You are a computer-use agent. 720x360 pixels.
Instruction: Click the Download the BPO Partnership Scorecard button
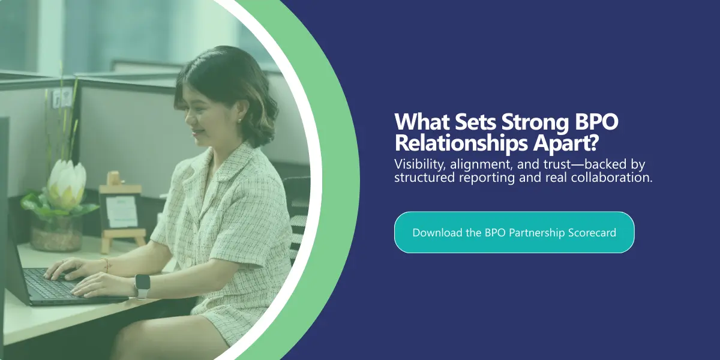pyautogui.click(x=514, y=232)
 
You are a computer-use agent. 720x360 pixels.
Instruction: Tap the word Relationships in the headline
pyautogui.click(x=461, y=143)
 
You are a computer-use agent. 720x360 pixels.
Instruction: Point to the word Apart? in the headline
pyautogui.click(x=565, y=143)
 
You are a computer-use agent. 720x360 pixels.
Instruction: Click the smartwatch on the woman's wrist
pyautogui.click(x=142, y=286)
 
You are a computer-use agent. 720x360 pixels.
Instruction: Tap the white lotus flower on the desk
pyautogui.click(x=67, y=184)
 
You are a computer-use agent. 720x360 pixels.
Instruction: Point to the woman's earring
pyautogui.click(x=239, y=121)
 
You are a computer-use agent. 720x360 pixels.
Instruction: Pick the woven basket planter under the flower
pyautogui.click(x=56, y=235)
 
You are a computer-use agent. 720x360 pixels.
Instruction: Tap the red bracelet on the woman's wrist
pyautogui.click(x=107, y=265)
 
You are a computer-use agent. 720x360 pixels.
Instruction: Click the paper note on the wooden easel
pyautogui.click(x=122, y=211)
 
